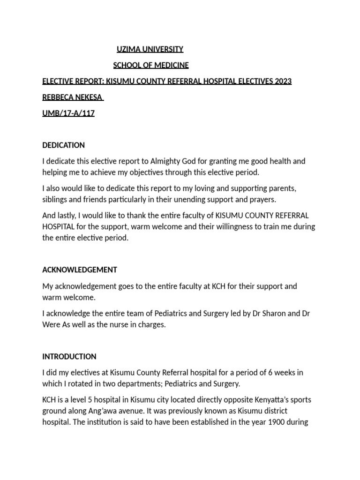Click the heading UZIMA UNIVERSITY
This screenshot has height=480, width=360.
click(x=150, y=49)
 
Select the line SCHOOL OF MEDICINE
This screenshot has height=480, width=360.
click(x=151, y=65)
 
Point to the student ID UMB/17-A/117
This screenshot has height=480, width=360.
click(x=68, y=113)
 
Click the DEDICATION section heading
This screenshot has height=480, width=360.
click(x=64, y=145)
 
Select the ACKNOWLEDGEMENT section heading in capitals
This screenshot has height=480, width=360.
click(x=80, y=270)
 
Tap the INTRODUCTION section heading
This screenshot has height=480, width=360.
click(x=69, y=356)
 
